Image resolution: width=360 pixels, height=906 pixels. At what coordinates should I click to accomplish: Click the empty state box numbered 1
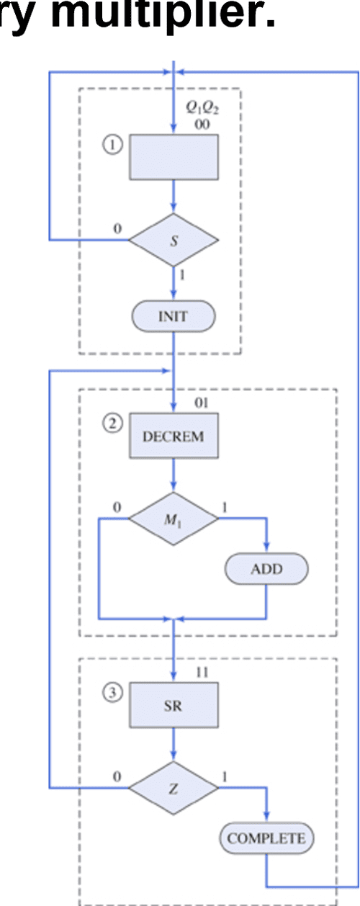[173, 156]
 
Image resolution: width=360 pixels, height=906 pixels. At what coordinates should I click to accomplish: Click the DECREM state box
[173, 436]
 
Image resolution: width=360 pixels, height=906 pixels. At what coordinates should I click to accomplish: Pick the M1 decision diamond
[173, 518]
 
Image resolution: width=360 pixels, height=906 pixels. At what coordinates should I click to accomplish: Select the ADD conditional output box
[266, 569]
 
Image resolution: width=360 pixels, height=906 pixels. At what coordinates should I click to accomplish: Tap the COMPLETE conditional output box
[266, 838]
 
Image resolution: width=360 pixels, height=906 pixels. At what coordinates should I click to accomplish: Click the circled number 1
[112, 145]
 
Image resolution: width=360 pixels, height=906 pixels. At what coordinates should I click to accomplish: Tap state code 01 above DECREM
[201, 403]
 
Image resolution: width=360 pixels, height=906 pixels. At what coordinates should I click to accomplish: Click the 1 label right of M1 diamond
[224, 508]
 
